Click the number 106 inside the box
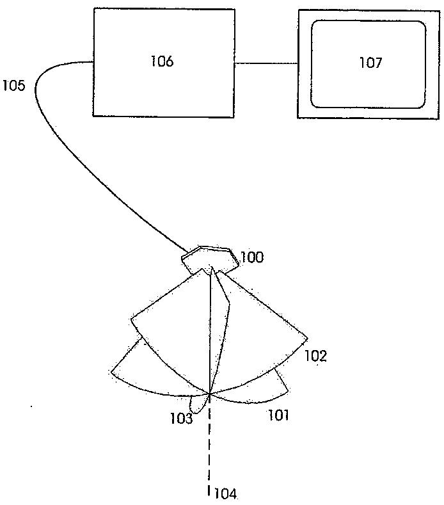point(163,61)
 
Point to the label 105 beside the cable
point(14,85)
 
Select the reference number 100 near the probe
point(252,258)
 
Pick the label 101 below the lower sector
point(278,415)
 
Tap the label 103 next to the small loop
point(181,419)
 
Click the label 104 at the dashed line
point(225,493)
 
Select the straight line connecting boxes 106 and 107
point(266,63)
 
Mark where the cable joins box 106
point(93,61)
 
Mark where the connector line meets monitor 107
point(298,63)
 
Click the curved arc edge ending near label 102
point(269,374)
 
